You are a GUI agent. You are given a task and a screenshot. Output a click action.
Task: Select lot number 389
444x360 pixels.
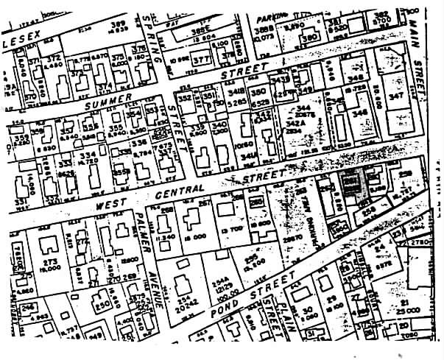pos(118,24)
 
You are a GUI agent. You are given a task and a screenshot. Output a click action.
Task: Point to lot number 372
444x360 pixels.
pos(53,58)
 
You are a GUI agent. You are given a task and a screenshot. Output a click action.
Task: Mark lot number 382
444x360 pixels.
pos(381,15)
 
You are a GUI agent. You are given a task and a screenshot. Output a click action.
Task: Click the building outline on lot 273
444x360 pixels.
pos(49,244)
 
